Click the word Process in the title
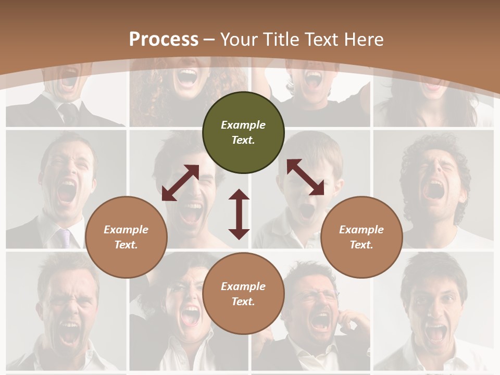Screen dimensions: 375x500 click(x=164, y=39)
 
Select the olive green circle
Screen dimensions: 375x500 click(x=243, y=132)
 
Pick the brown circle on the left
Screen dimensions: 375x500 click(x=126, y=237)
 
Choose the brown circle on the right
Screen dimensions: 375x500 click(x=361, y=237)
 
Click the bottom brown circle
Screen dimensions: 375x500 click(x=243, y=293)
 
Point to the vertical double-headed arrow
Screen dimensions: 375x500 click(x=239, y=214)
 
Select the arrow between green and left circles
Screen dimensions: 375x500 click(x=180, y=182)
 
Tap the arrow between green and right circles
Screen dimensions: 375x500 click(x=305, y=177)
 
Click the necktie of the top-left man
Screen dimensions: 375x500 click(x=68, y=112)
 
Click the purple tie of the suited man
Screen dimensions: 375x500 click(x=65, y=237)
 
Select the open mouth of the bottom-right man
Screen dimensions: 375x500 click(x=435, y=332)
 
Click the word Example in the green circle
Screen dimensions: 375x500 click(x=243, y=125)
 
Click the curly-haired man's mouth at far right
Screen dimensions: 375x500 click(x=433, y=189)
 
